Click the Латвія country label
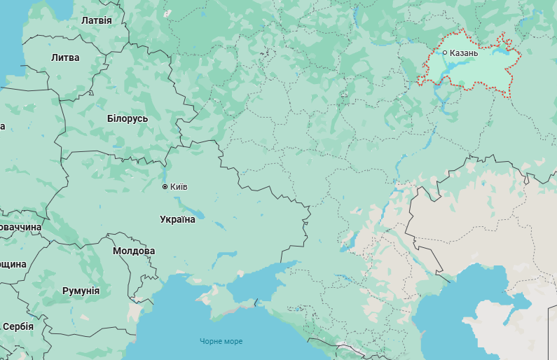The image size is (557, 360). [x=96, y=20]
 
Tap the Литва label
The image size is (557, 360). [x=65, y=57]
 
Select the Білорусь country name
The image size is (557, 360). [x=128, y=118]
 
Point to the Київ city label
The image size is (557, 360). [x=179, y=187]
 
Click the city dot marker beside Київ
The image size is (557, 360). [x=165, y=187]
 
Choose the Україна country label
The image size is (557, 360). [x=178, y=219]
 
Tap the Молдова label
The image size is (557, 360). [x=134, y=251]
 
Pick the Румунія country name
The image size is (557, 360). [x=81, y=291]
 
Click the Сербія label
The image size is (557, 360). [x=18, y=326]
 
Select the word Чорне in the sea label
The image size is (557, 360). [x=212, y=341]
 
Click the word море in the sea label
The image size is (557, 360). [x=234, y=341]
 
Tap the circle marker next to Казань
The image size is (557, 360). [x=445, y=53]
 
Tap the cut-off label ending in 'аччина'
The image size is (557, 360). [x=20, y=228]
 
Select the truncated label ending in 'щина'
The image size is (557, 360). [x=13, y=264]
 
